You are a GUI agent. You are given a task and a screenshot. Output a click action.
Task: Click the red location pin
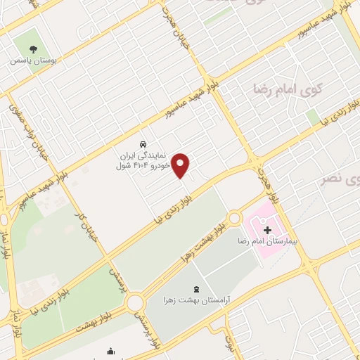click(181, 165)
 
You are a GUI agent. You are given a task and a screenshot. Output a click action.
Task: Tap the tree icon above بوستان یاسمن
click(33, 49)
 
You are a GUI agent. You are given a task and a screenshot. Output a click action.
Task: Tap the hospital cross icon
click(267, 229)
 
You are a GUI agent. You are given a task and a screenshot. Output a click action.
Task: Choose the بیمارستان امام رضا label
click(268, 241)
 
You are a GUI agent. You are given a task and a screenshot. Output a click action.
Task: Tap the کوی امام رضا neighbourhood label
click(296, 89)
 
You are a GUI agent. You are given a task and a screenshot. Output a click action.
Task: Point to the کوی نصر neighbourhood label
click(340, 179)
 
